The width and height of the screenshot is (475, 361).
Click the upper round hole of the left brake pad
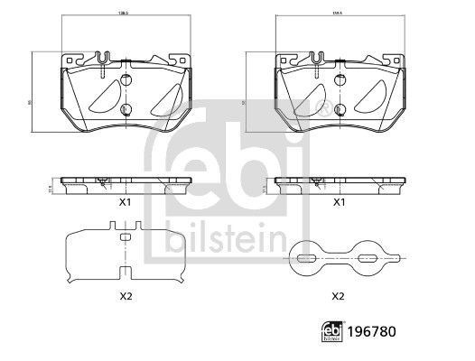pos(125,79)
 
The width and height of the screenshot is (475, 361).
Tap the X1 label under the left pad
pos(125,203)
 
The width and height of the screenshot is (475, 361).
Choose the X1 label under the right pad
pos(340,203)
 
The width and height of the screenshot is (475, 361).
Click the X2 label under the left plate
pos(125,295)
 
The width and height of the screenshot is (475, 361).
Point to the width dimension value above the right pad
pos(339,15)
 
